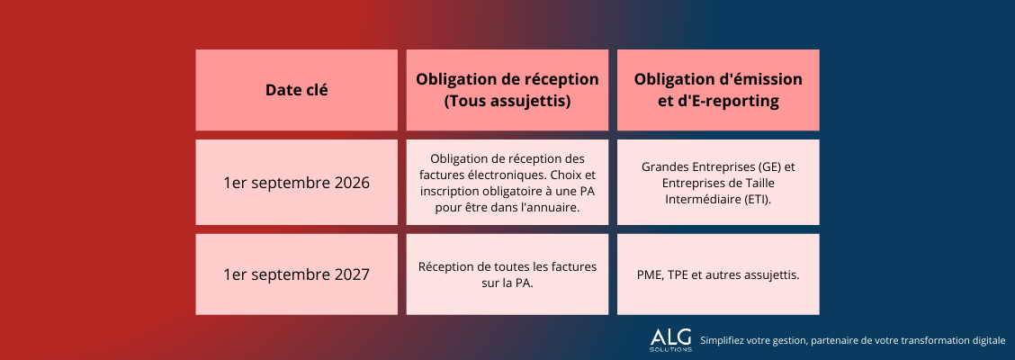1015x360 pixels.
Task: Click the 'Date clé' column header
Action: tap(296, 90)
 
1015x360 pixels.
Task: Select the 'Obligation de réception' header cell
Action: tap(507, 90)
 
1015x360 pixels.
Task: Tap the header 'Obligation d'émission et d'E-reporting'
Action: tap(718, 90)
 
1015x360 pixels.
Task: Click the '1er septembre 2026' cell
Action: tap(296, 183)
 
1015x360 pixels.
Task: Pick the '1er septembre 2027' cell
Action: tap(296, 274)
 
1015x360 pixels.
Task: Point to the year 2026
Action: tap(352, 183)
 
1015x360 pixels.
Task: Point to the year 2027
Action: tap(352, 274)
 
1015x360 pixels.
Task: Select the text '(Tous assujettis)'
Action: tap(507, 101)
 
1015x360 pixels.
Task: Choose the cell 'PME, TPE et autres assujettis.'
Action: tap(718, 274)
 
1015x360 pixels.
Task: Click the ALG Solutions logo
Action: tap(670, 340)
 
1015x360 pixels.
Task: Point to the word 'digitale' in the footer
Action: tap(988, 340)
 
